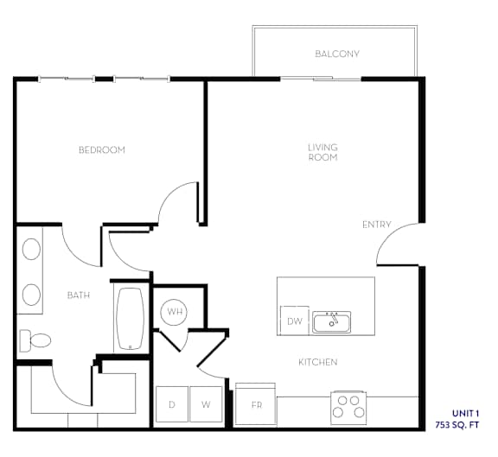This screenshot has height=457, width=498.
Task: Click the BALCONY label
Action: [337, 54]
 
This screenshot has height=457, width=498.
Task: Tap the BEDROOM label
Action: [102, 149]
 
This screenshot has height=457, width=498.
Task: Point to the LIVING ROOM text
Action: [322, 152]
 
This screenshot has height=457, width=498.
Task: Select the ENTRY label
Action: [376, 225]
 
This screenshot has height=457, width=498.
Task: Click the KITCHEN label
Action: [318, 362]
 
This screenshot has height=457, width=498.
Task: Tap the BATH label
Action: [79, 295]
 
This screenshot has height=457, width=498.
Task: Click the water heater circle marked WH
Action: [174, 312]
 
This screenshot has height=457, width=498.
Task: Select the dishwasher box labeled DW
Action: [295, 321]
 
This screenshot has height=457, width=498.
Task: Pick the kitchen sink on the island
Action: [332, 322]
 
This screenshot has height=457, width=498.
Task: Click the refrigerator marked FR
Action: [255, 404]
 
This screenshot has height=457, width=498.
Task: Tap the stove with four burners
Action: [348, 408]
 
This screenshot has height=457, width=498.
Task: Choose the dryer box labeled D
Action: [172, 404]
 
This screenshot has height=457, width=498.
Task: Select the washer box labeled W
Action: [206, 404]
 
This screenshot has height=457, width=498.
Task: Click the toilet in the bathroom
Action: [35, 341]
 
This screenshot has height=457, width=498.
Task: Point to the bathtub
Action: [131, 319]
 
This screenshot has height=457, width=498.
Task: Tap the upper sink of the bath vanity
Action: [31, 249]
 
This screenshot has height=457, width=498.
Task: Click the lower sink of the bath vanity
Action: [31, 295]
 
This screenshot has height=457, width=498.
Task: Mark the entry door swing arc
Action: [389, 234]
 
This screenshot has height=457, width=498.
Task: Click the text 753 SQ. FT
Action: [456, 425]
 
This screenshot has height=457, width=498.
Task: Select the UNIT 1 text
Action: [465, 414]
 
